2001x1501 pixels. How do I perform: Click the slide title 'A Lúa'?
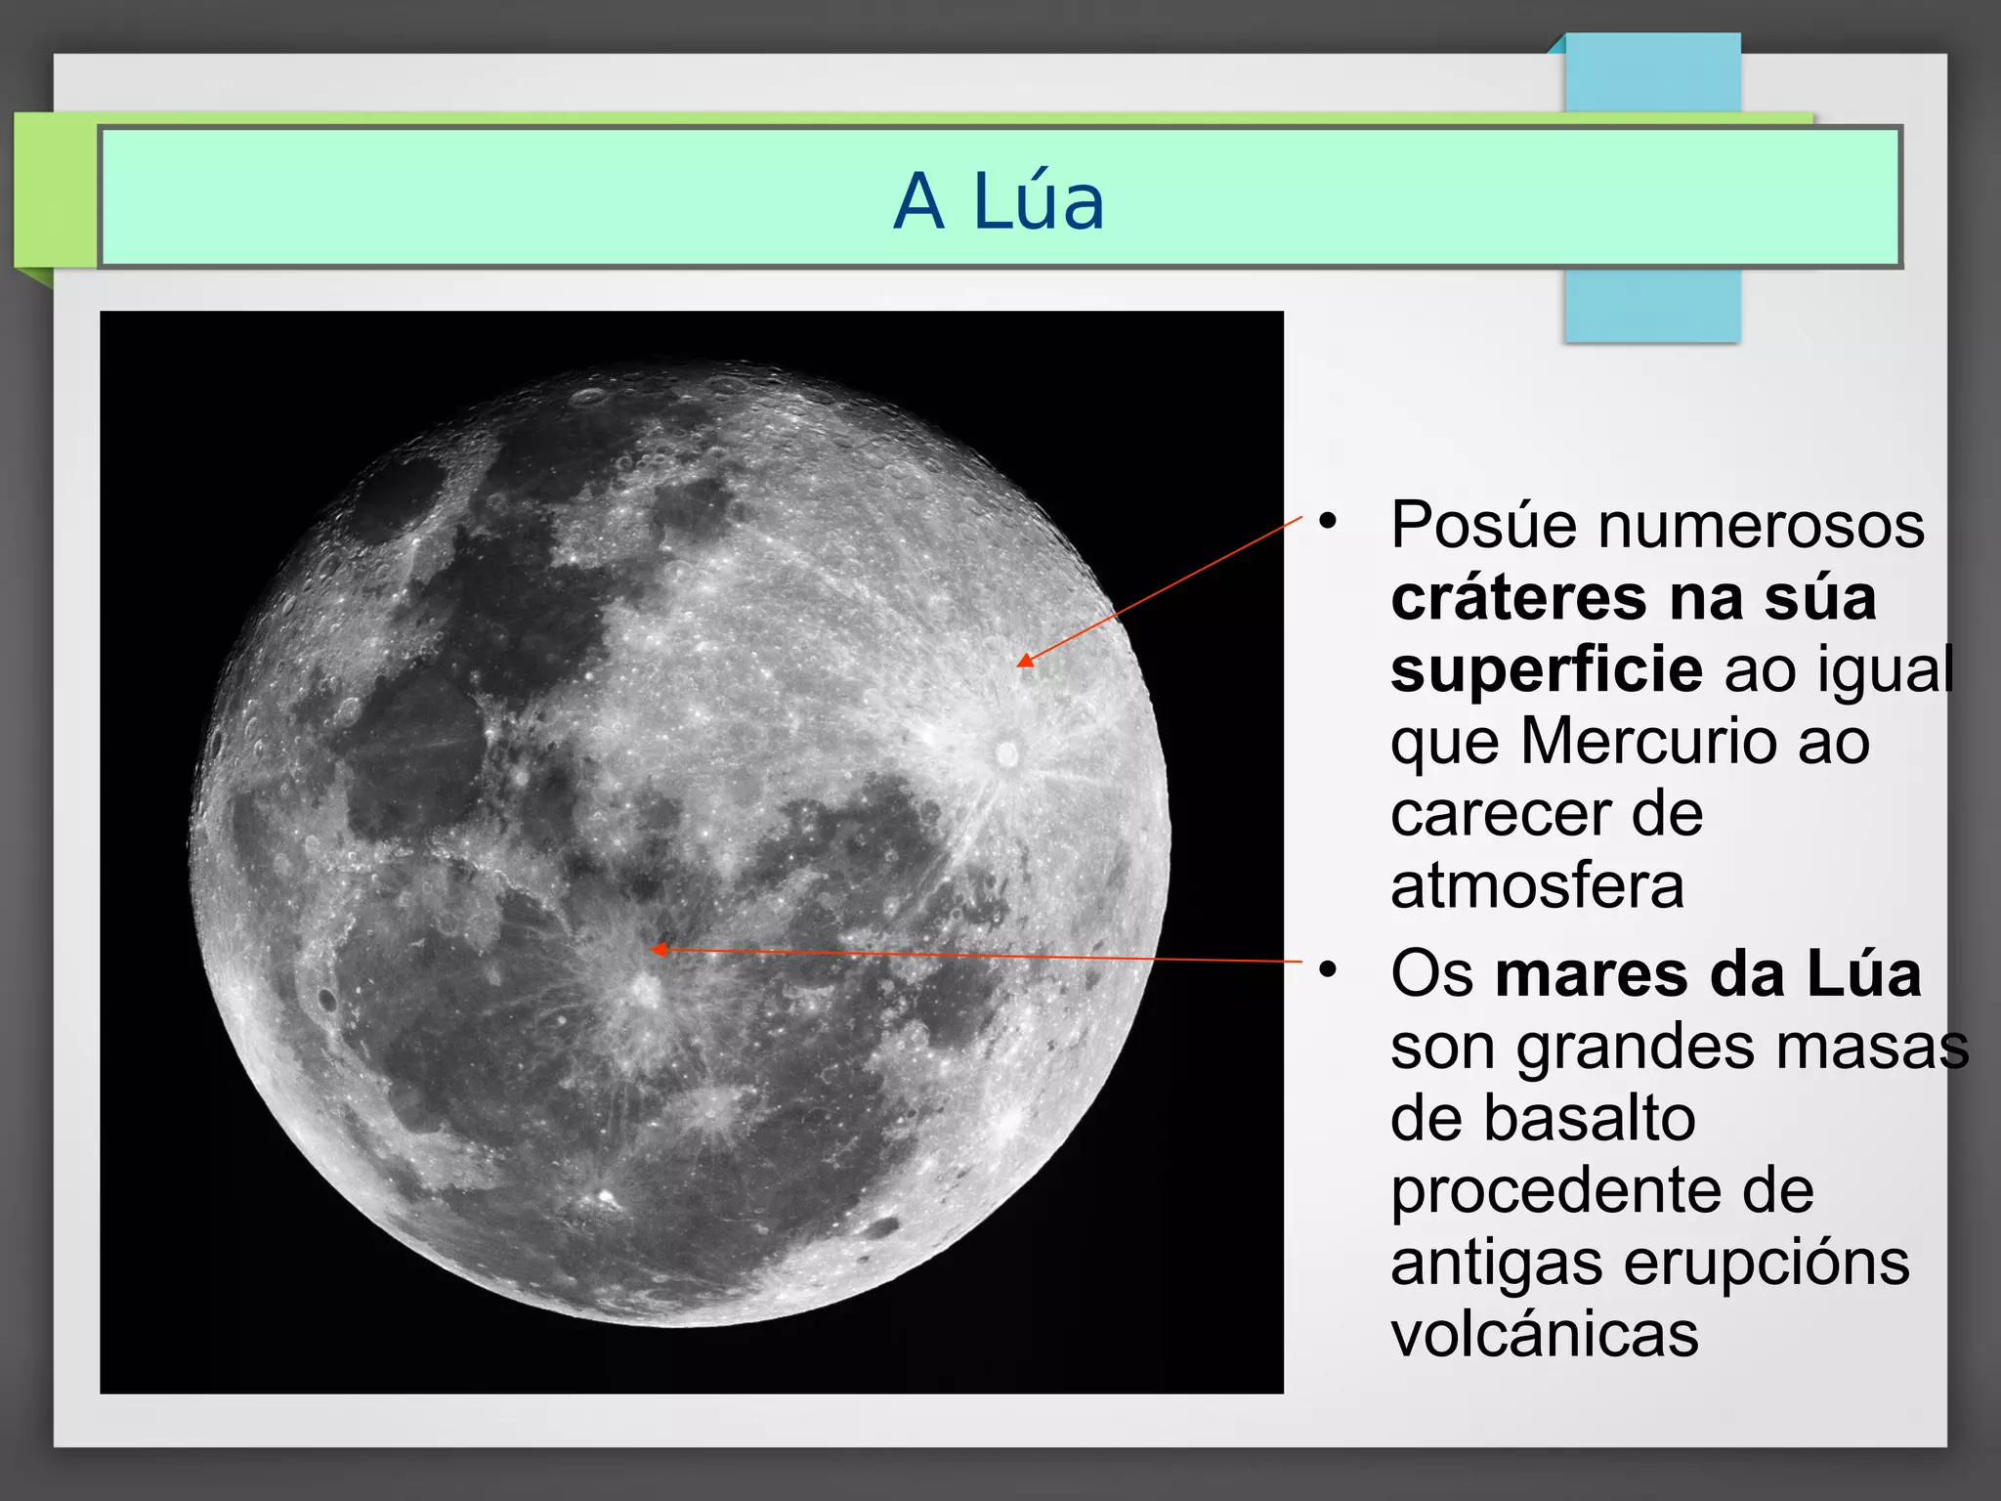pyautogui.click(x=999, y=201)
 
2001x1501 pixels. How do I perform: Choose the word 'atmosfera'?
pyautogui.click(x=1537, y=885)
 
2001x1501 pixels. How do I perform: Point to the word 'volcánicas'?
pyautogui.click(x=1544, y=1334)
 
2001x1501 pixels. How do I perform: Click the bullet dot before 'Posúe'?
pyautogui.click(x=1327, y=522)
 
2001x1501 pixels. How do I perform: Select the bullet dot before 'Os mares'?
pyautogui.click(x=1327, y=970)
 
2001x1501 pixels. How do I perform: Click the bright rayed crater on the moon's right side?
pyautogui.click(x=1006, y=752)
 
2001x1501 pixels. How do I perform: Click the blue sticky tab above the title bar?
pyautogui.click(x=1652, y=74)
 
